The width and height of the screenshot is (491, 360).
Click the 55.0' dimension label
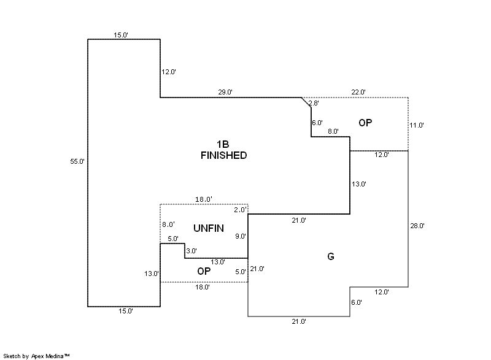[x=77, y=161]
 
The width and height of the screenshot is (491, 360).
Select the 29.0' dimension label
[x=225, y=92]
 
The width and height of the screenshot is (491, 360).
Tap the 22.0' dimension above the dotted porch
[x=358, y=92]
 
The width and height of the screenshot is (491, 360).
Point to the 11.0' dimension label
[x=417, y=125]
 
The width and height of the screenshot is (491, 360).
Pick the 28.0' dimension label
[x=417, y=226]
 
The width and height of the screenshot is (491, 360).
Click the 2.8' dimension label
[x=314, y=103]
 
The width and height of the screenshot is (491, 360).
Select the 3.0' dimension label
[x=191, y=251]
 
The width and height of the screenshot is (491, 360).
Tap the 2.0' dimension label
[x=240, y=210]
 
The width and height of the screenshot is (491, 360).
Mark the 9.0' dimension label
[x=240, y=236]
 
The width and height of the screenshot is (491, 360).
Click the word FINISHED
[x=223, y=156]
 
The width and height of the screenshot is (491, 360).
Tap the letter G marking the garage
[x=330, y=256]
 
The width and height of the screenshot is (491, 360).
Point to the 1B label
[x=223, y=144]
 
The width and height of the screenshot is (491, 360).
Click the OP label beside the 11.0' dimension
[x=365, y=123]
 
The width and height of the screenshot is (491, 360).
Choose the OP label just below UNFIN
[x=204, y=270]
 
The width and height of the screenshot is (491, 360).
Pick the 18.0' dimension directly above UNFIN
[x=204, y=199]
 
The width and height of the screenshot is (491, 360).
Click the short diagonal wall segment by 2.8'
[x=306, y=102]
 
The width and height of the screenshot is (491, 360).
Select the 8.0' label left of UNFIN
[x=168, y=225]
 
